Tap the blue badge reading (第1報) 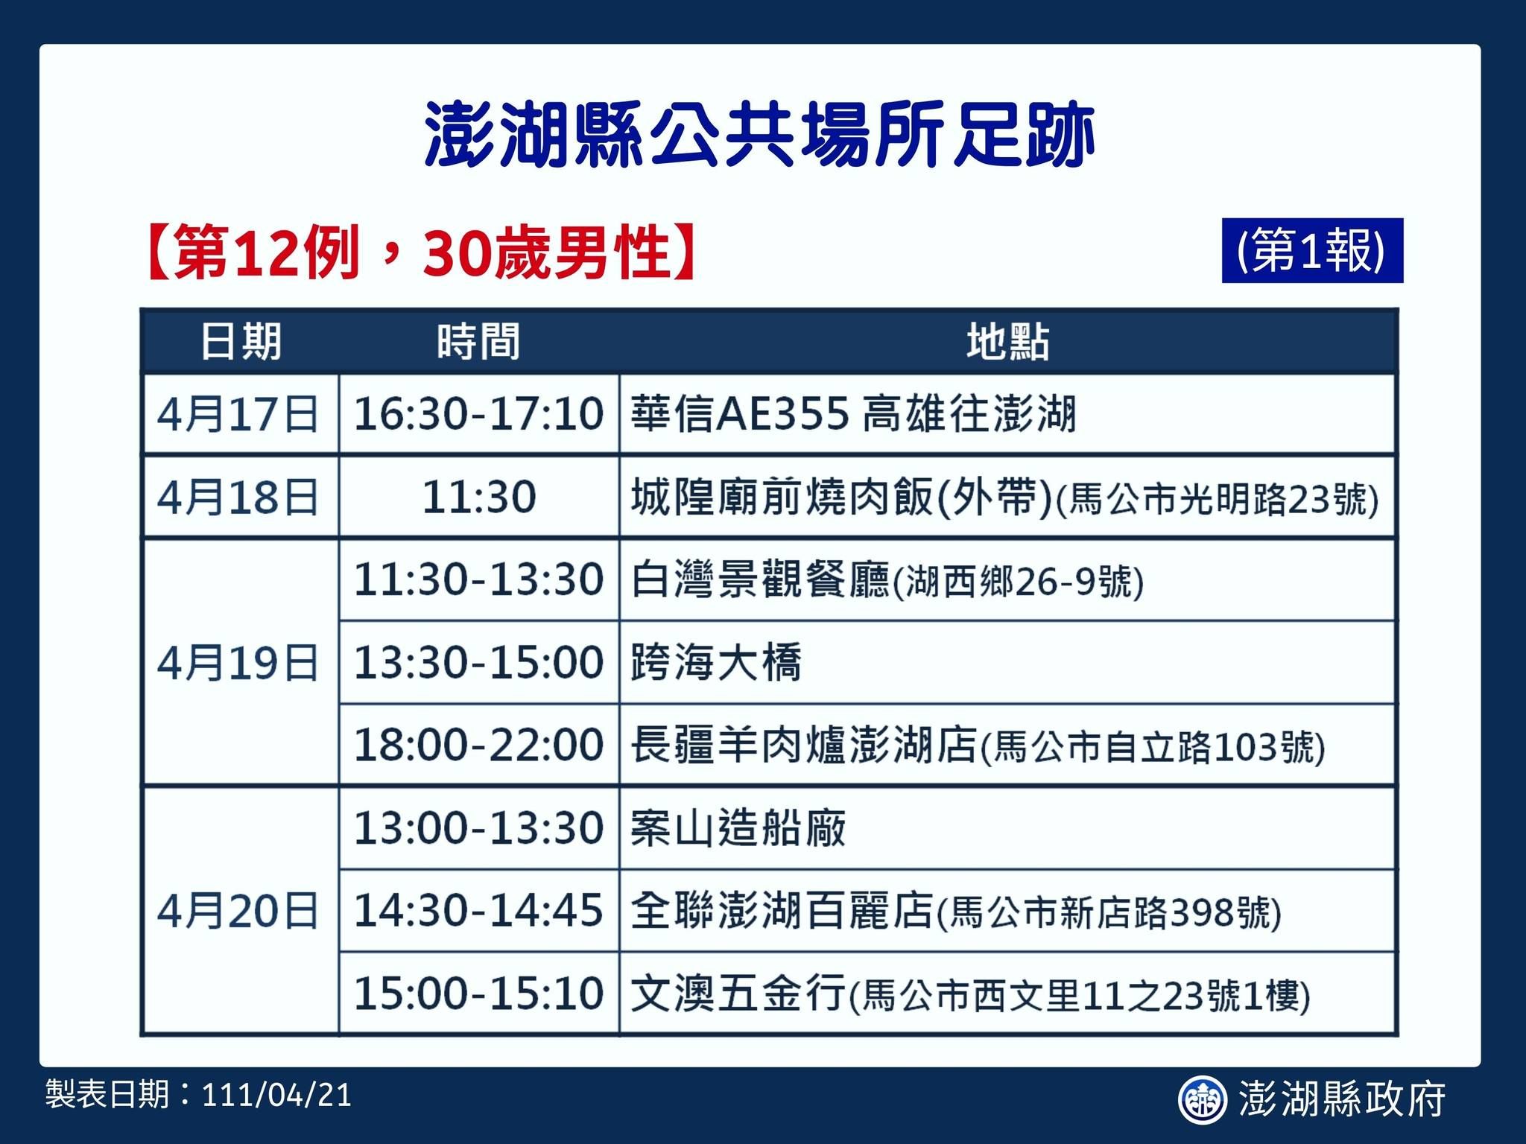(x=1311, y=251)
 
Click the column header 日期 (x=241, y=342)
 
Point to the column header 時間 (x=478, y=342)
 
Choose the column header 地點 (x=1007, y=342)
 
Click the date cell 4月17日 (x=238, y=414)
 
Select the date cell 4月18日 (x=238, y=497)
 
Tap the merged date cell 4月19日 (x=238, y=662)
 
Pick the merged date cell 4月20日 (x=238, y=911)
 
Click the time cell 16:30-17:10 (x=478, y=414)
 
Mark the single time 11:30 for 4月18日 (x=478, y=497)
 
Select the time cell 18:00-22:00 (x=478, y=745)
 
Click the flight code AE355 (x=782, y=414)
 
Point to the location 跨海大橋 (x=716, y=662)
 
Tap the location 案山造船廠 (x=738, y=828)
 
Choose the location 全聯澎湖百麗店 (x=782, y=911)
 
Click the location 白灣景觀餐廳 (x=760, y=580)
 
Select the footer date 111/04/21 (x=276, y=1095)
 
